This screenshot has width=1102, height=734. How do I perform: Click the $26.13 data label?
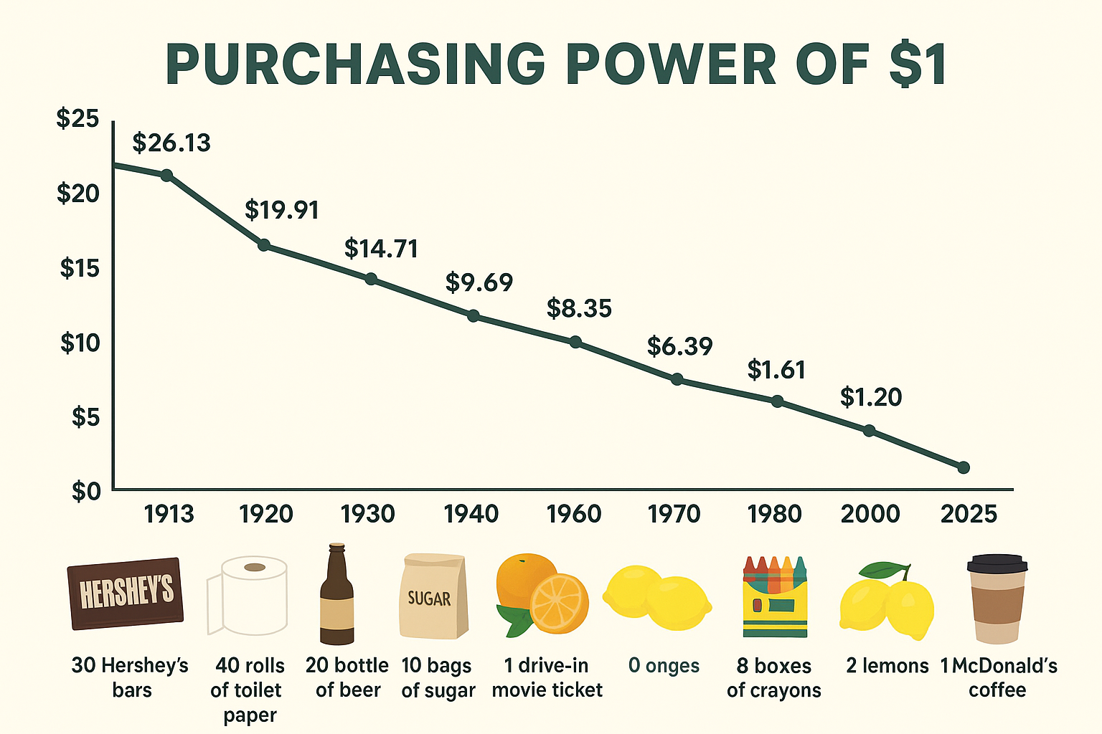coord(171,143)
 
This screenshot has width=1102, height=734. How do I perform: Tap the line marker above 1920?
coord(264,245)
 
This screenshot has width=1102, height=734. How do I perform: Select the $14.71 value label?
coord(381,248)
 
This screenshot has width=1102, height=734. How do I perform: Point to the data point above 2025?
coord(964,467)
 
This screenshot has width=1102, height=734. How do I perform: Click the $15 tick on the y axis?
coord(78,268)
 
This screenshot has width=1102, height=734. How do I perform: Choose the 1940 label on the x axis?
coord(471,514)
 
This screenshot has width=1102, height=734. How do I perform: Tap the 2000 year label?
coord(870,514)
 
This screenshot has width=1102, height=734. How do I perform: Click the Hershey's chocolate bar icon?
coord(126,593)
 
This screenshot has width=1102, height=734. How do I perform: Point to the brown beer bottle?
coord(336,595)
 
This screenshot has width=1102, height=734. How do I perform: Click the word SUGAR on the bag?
coord(429,598)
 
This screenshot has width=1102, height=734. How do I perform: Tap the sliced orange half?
coord(559,603)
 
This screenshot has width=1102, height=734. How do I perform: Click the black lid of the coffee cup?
coord(997,563)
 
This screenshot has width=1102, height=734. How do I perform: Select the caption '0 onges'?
coord(664,666)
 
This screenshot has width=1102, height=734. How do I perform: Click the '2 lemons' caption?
coord(887,666)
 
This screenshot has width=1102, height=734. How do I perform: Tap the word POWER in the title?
coord(671,65)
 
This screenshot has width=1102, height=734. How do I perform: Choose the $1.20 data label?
coord(871,396)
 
